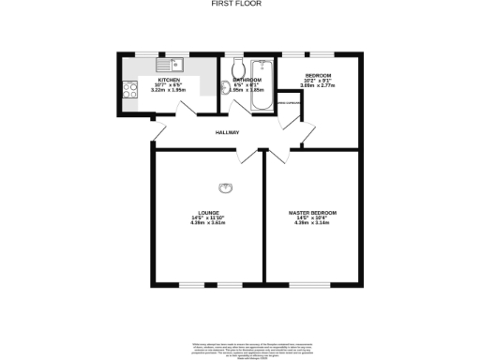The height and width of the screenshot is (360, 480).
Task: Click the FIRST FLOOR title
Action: [x=239, y=5]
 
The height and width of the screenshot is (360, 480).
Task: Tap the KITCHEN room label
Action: [x=169, y=81]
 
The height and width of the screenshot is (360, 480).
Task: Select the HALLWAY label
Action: [x=229, y=133]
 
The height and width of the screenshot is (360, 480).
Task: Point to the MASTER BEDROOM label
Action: [x=313, y=213]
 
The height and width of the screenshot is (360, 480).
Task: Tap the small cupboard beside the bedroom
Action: [x=287, y=106]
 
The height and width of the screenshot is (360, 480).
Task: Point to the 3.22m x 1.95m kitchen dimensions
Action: [x=169, y=91]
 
